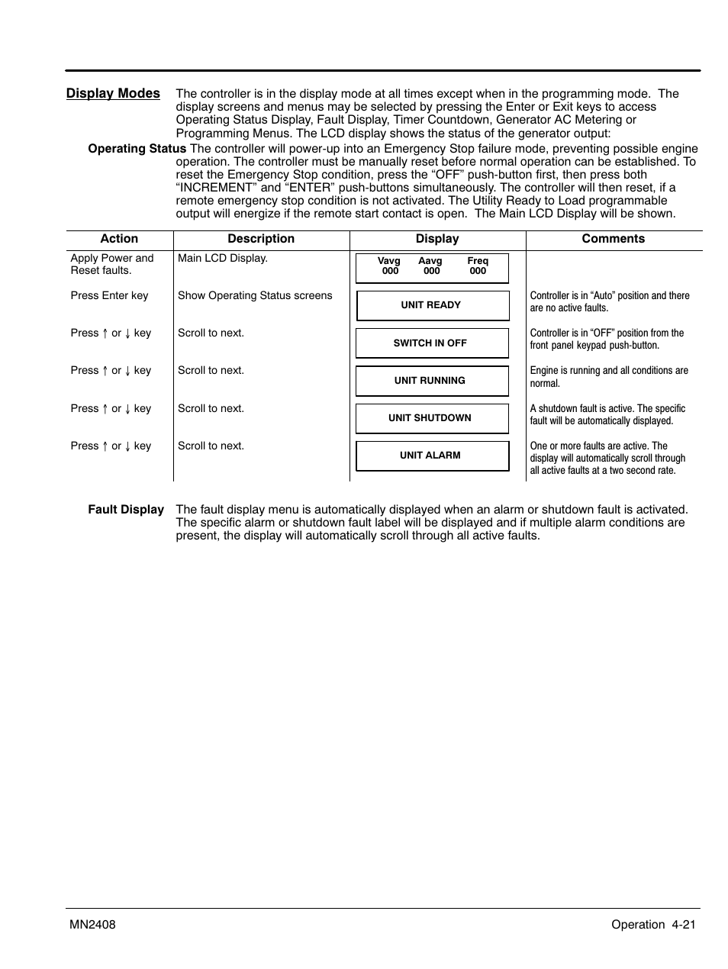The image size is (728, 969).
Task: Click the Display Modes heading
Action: click(113, 93)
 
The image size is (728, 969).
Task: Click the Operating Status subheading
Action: click(137, 149)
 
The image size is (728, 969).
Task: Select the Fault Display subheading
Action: click(126, 510)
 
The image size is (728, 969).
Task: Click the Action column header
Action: click(119, 239)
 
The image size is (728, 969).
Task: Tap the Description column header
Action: click(261, 239)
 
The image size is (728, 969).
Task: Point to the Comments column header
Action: click(613, 239)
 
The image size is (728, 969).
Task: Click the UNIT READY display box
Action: click(432, 305)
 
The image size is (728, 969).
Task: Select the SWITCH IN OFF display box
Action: click(432, 343)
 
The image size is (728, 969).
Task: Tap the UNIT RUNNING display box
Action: click(432, 381)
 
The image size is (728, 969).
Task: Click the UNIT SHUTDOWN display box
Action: click(432, 418)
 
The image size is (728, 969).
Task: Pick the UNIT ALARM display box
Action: click(432, 456)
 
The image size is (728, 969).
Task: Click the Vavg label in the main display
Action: click(389, 261)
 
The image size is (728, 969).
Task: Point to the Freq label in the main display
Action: click(478, 261)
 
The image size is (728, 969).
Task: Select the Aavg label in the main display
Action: click(430, 261)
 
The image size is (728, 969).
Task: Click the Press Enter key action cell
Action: click(109, 296)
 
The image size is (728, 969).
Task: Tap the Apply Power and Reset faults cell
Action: click(111, 264)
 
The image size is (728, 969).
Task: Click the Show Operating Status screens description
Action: click(255, 296)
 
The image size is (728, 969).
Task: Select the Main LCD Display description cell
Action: click(223, 259)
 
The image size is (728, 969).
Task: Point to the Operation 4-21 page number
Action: click(653, 925)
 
